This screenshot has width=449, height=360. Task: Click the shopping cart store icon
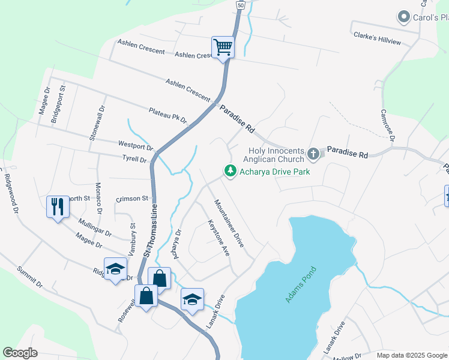[x=223, y=46]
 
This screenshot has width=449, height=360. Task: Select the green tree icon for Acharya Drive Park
[x=230, y=172]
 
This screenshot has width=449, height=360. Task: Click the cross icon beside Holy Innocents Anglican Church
[x=313, y=155]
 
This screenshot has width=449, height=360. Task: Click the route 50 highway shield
[x=240, y=5]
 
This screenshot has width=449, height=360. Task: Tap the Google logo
[x=20, y=353]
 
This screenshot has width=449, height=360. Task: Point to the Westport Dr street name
[x=136, y=146]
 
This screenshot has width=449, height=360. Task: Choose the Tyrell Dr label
[x=134, y=160]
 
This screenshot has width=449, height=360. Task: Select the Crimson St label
[x=132, y=199]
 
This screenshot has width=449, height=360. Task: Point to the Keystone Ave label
[x=219, y=238]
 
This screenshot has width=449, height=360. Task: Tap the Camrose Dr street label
[x=387, y=125]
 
